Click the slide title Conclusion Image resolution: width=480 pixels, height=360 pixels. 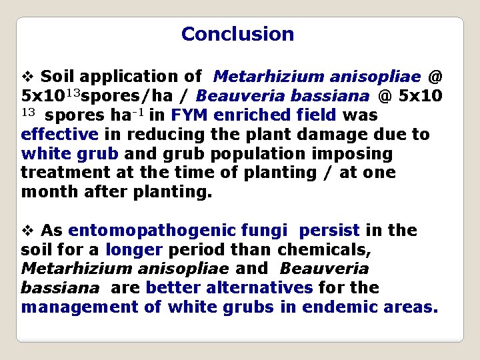[x=237, y=34]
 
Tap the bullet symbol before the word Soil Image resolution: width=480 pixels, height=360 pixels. [x=27, y=77]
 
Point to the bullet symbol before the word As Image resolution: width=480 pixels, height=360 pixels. [x=27, y=231]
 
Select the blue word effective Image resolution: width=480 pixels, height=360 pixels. [x=60, y=135]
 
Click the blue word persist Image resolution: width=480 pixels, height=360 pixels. [x=329, y=231]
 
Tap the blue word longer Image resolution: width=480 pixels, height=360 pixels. [x=133, y=250]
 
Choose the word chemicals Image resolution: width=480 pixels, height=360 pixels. [x=327, y=250]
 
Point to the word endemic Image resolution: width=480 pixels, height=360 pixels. [x=341, y=307]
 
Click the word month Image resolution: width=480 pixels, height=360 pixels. [x=43, y=193]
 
